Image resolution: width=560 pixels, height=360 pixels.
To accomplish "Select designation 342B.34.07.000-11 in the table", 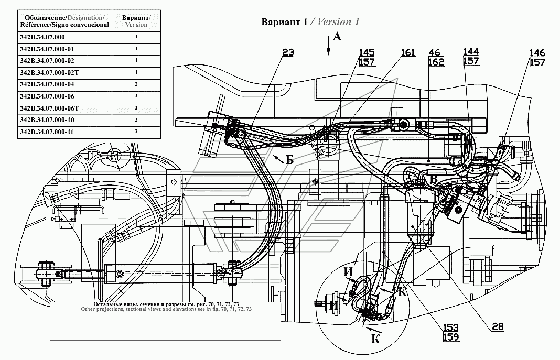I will coord(46,132).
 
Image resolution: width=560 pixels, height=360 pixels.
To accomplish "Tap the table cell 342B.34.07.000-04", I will coord(46,84).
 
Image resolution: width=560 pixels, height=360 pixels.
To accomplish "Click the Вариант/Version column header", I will coord(136,21).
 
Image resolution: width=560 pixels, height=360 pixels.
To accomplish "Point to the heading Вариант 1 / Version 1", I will coord(310,22).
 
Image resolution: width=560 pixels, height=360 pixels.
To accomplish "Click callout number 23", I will coord(288,52).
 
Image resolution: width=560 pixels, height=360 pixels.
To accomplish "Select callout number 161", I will coord(408,52).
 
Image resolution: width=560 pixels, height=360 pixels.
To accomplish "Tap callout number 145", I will coord(367,52).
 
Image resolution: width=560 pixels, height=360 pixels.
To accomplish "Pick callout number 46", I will coord(435,52).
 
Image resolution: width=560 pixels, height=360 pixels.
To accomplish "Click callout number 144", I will coord(471,51).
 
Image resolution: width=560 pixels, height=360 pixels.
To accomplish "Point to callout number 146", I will coord(537,53).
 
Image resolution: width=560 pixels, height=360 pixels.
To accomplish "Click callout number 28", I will coord(498,326).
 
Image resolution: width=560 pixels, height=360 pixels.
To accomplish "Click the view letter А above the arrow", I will coord(337,37).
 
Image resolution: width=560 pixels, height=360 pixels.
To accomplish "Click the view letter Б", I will coord(289,160).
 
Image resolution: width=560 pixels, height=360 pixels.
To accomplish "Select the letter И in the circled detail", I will coord(347,272).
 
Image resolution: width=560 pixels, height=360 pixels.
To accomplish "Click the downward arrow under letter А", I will coord(328,49).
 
